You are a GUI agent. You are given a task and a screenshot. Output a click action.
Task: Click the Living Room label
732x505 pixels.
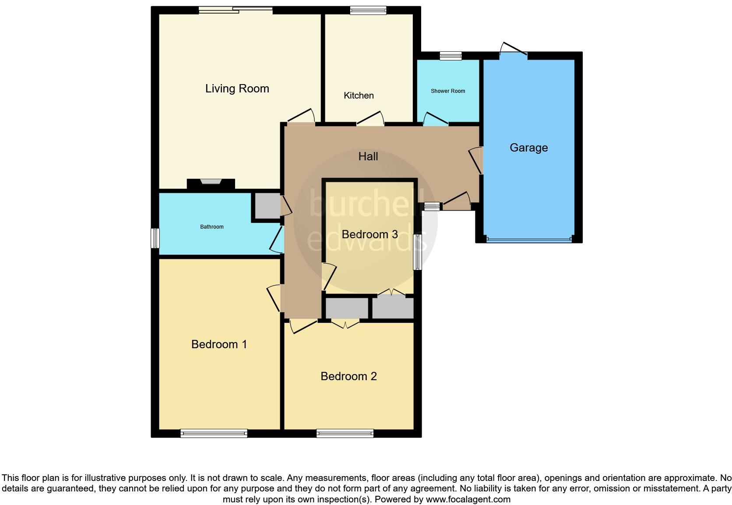tap(237, 88)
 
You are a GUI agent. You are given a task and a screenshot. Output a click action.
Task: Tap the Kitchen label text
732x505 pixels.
tap(359, 95)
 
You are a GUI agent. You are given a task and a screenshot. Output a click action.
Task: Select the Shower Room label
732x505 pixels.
tap(447, 91)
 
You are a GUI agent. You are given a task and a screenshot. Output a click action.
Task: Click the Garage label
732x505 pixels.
tap(528, 148)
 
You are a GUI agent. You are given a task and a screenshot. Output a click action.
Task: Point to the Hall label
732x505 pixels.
tap(368, 156)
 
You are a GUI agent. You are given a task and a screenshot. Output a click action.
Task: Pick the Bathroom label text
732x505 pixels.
tap(212, 227)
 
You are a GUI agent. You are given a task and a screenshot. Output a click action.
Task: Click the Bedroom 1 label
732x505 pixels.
tap(219, 344)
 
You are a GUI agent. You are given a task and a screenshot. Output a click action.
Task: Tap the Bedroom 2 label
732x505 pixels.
tap(348, 376)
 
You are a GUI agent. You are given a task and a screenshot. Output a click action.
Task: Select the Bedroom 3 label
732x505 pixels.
tap(370, 234)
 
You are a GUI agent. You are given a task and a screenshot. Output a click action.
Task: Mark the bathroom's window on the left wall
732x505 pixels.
tap(155, 238)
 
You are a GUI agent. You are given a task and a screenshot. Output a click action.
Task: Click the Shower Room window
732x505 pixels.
tap(450, 56)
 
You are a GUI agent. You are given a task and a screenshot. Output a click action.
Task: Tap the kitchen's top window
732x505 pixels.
tap(368, 10)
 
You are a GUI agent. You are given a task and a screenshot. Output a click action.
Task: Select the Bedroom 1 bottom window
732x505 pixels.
tap(214, 434)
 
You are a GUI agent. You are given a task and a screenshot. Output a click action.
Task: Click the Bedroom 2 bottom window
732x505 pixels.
tap(345, 434)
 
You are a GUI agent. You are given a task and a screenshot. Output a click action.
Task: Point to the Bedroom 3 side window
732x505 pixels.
tap(418, 252)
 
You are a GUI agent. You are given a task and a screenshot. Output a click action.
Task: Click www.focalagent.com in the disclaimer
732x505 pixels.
tap(468, 499)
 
